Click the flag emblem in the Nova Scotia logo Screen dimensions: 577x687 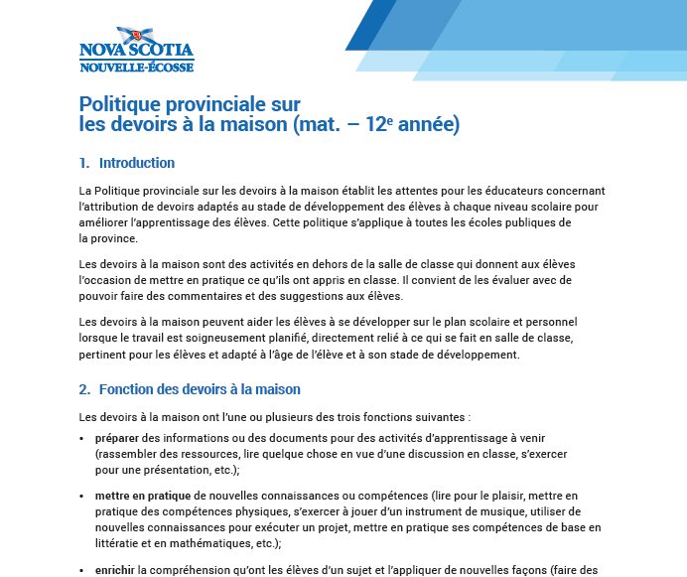(x=129, y=36)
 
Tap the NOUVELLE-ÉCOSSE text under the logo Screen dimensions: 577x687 (x=136, y=67)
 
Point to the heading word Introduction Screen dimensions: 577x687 (x=137, y=163)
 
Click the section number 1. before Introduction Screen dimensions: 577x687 (x=84, y=163)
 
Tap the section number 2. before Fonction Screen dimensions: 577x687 (x=84, y=389)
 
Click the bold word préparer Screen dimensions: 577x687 (x=117, y=438)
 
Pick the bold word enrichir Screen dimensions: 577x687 (x=115, y=570)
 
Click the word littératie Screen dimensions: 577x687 (x=120, y=543)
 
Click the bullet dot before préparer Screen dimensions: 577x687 (x=81, y=439)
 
